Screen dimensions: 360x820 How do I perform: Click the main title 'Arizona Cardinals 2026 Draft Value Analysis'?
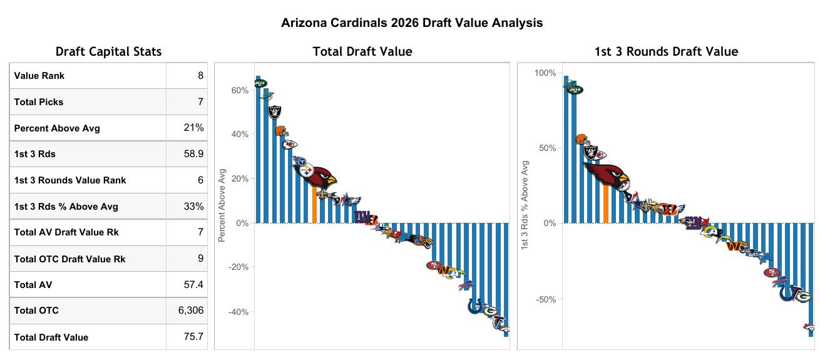[411, 23]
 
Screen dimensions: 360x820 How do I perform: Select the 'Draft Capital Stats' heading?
[108, 52]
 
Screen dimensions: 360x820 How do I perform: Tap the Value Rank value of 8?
[200, 76]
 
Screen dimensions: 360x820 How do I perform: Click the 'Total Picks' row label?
[39, 102]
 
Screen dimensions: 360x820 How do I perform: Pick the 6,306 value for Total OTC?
[191, 311]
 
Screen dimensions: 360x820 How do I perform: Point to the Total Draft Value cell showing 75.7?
[193, 337]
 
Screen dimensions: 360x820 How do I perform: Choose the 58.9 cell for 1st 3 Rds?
[193, 154]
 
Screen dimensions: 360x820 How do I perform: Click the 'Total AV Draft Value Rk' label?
[66, 232]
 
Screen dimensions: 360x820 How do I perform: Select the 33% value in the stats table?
[193, 207]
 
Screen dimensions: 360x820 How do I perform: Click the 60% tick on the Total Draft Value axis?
[240, 91]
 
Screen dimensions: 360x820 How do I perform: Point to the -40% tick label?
[238, 312]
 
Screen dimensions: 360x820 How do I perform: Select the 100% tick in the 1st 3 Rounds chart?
[545, 73]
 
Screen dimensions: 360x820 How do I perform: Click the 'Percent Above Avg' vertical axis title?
[222, 204]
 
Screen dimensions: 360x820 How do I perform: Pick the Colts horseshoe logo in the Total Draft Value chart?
[476, 306]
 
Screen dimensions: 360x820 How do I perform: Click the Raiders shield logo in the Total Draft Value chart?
[275, 112]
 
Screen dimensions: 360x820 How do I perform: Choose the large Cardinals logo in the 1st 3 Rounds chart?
[608, 177]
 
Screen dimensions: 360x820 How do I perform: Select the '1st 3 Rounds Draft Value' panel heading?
[666, 52]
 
